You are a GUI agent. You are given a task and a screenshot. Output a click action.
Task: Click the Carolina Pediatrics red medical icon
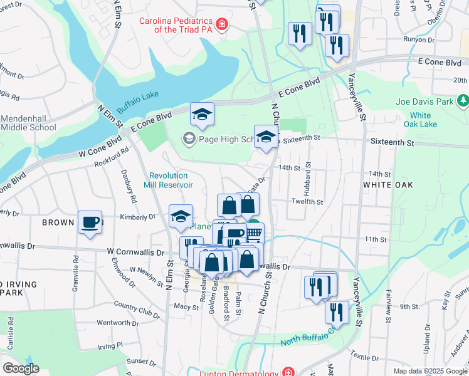coord(221,25)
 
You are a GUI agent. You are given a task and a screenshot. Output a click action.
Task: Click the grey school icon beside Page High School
coord(188,138)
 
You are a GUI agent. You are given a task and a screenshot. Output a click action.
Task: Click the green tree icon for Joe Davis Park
coord(463,100)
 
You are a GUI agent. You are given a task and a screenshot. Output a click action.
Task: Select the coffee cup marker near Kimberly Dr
coord(90,222)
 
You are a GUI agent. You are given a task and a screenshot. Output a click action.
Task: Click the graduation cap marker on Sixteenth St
coord(266,137)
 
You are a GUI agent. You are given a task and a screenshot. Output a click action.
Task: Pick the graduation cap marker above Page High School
coord(202,115)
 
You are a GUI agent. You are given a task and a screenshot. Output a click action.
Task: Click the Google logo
coord(21,368)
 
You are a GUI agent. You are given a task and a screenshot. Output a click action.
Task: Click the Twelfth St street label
coord(307,202)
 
